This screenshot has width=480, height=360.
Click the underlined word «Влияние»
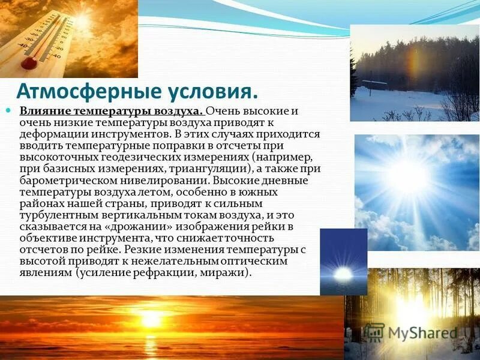click(x=45, y=112)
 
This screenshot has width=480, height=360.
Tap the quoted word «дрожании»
click(x=137, y=226)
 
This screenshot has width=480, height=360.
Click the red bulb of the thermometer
click(x=29, y=62)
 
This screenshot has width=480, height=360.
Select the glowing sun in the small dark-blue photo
click(x=343, y=274)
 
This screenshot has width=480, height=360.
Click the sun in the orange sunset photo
click(x=150, y=318)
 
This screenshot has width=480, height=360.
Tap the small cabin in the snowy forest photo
click(x=375, y=83)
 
